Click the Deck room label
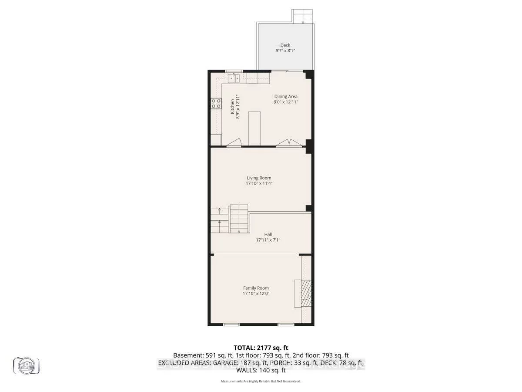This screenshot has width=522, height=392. [285, 45]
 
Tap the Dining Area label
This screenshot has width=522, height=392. [286, 97]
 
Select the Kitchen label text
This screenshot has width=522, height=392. [232, 107]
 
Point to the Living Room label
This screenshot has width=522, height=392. [259, 178]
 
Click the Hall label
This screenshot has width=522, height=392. [261, 234]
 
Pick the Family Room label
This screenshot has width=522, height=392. [256, 288]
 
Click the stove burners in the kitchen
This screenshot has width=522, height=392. [216, 103]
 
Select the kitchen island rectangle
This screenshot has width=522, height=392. [254, 128]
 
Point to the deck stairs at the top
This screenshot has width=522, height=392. [303, 16]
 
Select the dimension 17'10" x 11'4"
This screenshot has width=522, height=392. [259, 183]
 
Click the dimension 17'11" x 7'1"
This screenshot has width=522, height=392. [261, 240]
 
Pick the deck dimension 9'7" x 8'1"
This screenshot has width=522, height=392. [285, 51]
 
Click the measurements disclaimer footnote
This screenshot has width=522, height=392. [261, 381]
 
